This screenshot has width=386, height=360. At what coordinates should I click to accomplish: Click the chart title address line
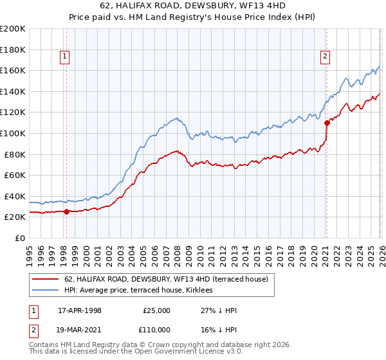point(193,6)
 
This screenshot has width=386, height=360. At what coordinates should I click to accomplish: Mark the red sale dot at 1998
point(66,212)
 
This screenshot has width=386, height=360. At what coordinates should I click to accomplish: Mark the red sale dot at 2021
point(327,122)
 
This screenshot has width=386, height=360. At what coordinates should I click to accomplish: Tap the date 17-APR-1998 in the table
point(80,310)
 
